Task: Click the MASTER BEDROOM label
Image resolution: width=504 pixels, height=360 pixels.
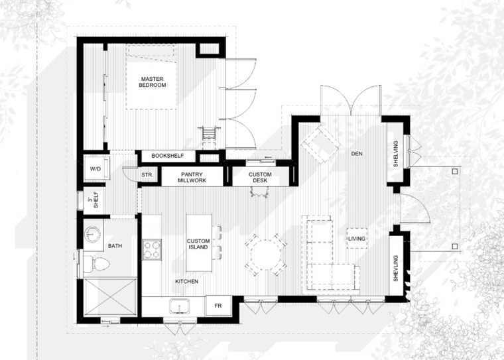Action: pos(153,82)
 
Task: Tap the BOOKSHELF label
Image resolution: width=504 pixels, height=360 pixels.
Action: pos(168,156)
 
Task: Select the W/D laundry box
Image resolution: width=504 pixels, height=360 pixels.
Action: pos(96,168)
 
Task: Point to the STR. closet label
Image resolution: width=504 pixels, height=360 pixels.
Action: pos(147,175)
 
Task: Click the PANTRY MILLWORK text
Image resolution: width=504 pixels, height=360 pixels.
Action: pos(192,178)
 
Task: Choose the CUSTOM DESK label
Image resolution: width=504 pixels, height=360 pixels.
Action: pos(260,178)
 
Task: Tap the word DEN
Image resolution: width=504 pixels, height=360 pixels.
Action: pos(357,154)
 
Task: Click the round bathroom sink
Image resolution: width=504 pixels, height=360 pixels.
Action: pos(92,234)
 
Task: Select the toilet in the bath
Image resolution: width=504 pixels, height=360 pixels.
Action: pos(95,264)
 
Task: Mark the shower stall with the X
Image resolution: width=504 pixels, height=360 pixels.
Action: pos(110,296)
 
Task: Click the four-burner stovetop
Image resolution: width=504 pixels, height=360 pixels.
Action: pos(152,250)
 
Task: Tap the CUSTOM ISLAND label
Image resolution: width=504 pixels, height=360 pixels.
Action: pos(198,244)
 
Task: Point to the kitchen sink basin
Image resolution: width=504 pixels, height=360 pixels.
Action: pos(179,306)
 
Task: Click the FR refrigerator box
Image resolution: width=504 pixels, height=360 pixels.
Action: pos(218,306)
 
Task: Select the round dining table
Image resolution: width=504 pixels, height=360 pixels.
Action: pos(265,255)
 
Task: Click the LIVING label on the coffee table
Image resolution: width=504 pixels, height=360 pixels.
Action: pos(357,239)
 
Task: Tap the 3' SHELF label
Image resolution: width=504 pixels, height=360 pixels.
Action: pos(94,200)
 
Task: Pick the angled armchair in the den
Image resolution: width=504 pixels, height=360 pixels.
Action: pos(320,143)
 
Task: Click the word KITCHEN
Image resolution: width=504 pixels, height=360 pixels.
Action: pos(187,282)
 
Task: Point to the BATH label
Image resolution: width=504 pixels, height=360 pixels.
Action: pos(115,246)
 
